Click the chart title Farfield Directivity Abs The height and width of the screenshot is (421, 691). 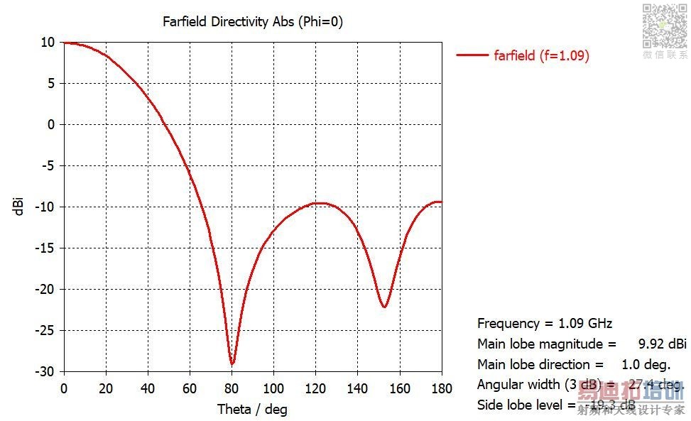[252, 21]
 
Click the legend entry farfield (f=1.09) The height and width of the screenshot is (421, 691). [541, 55]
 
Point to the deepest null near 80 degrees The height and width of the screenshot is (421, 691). [232, 363]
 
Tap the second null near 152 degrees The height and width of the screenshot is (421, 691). [384, 307]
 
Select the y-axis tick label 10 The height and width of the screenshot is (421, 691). [48, 43]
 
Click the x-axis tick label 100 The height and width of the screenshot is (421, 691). [273, 388]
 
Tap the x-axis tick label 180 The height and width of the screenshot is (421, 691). [441, 388]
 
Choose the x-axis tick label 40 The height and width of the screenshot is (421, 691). [148, 388]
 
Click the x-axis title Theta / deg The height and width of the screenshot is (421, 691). [252, 409]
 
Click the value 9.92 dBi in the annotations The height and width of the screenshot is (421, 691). [662, 344]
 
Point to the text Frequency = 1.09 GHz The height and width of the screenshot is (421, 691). [544, 324]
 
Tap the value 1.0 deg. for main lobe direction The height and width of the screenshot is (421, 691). [646, 365]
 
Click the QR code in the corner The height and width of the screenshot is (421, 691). [665, 26]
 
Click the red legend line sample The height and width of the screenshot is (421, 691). [472, 55]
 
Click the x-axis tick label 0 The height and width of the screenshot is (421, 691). [64, 388]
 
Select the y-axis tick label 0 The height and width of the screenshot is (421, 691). [51, 125]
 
